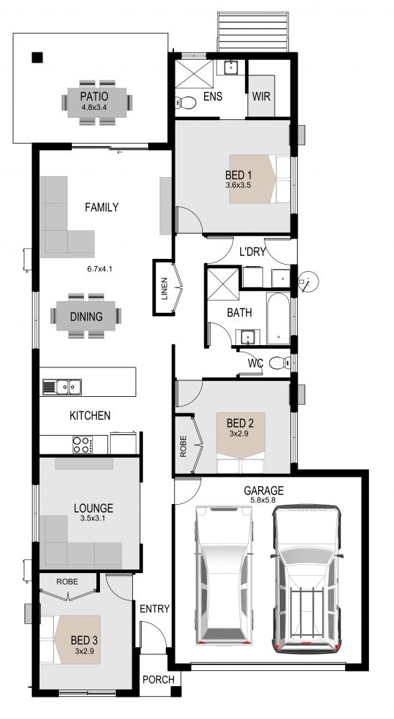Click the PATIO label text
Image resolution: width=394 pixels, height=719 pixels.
pyautogui.click(x=94, y=97)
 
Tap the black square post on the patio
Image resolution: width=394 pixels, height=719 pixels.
pyautogui.click(x=37, y=58)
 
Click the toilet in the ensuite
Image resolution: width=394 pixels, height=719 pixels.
pyautogui.click(x=185, y=102)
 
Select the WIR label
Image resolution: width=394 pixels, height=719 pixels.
pyautogui.click(x=262, y=97)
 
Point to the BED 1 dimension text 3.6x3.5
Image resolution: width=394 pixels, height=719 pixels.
pyautogui.click(x=238, y=186)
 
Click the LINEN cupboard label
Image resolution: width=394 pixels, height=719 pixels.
pyautogui.click(x=164, y=289)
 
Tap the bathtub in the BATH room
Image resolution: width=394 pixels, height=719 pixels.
pyautogui.click(x=278, y=319)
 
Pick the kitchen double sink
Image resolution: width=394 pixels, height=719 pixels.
pyautogui.click(x=63, y=387)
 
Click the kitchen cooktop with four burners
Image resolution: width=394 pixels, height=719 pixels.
pyautogui.click(x=83, y=444)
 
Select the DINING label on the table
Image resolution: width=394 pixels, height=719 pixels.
pyautogui.click(x=86, y=317)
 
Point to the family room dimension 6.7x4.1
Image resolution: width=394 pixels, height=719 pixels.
pyautogui.click(x=100, y=269)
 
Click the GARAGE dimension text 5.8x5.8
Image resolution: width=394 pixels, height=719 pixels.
pyautogui.click(x=263, y=500)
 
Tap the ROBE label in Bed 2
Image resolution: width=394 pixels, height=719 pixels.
pyautogui.click(x=183, y=446)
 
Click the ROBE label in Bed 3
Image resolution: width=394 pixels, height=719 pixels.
pyautogui.click(x=67, y=582)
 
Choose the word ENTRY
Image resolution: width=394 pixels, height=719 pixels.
pyautogui.click(x=155, y=609)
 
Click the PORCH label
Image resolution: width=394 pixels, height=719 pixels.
pyautogui.click(x=158, y=679)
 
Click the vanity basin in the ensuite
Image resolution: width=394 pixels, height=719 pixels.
pyautogui.click(x=232, y=68)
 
